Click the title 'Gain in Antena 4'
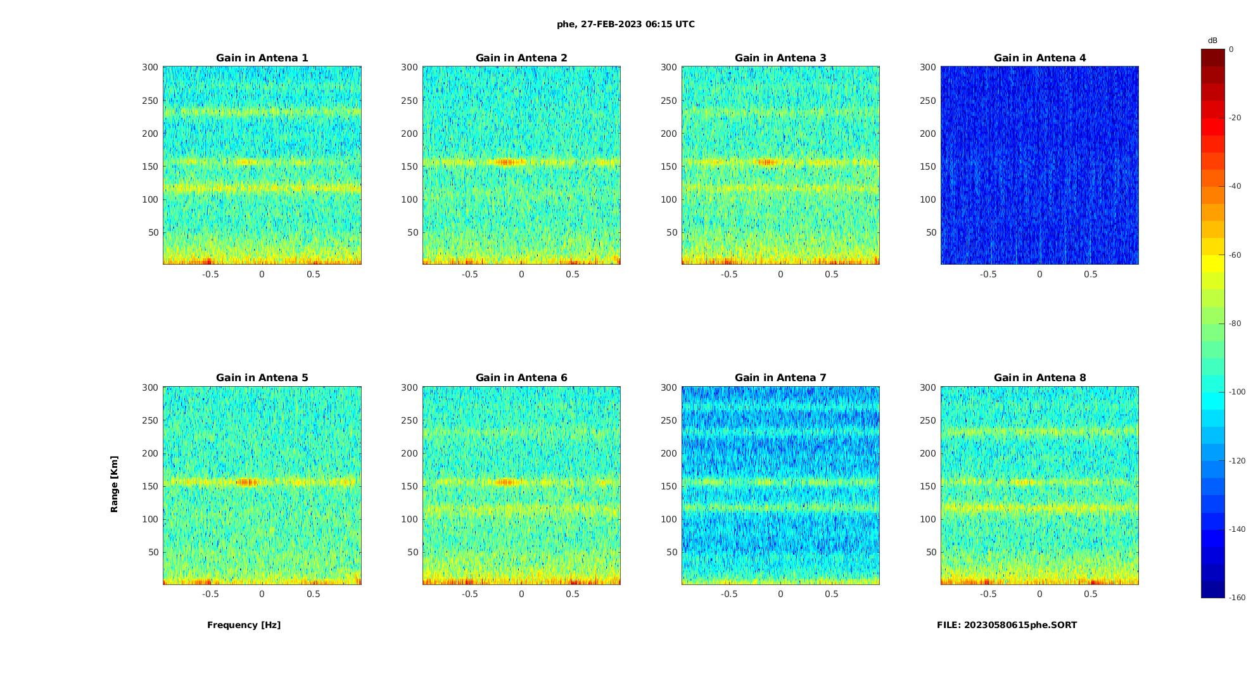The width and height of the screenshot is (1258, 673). [x=1039, y=58]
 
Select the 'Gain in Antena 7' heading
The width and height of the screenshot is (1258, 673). [x=780, y=377]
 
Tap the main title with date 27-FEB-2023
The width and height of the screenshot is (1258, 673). [x=626, y=24]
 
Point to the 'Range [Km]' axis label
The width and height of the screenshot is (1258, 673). [x=114, y=484]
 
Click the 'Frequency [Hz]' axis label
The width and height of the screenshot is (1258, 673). [x=244, y=625]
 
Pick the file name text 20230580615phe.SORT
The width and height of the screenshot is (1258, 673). [x=1007, y=625]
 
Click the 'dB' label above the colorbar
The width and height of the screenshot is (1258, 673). [x=1212, y=41]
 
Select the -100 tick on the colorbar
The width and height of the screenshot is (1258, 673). [x=1237, y=392]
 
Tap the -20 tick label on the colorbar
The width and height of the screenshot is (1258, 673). [x=1235, y=118]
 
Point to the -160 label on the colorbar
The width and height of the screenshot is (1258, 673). [x=1237, y=598]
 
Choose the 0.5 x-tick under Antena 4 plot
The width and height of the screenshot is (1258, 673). [x=1090, y=274]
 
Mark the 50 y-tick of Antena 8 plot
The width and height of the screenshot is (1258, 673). [x=931, y=552]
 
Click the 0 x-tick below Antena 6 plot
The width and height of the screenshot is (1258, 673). [x=521, y=594]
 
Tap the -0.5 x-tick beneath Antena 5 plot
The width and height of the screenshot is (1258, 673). [x=210, y=594]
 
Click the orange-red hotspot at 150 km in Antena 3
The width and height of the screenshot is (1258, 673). [x=767, y=162]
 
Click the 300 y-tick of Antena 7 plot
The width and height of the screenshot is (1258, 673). [x=669, y=387]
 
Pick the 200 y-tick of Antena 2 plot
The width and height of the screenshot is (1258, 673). [x=409, y=134]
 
